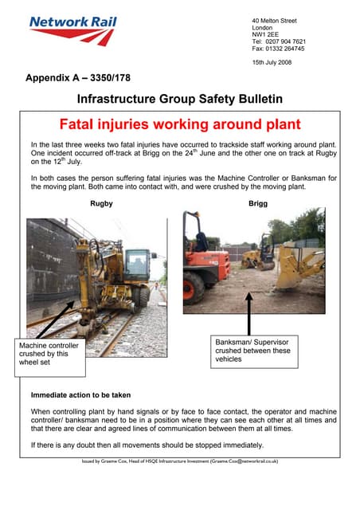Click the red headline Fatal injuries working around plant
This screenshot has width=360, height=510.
tap(181, 124)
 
